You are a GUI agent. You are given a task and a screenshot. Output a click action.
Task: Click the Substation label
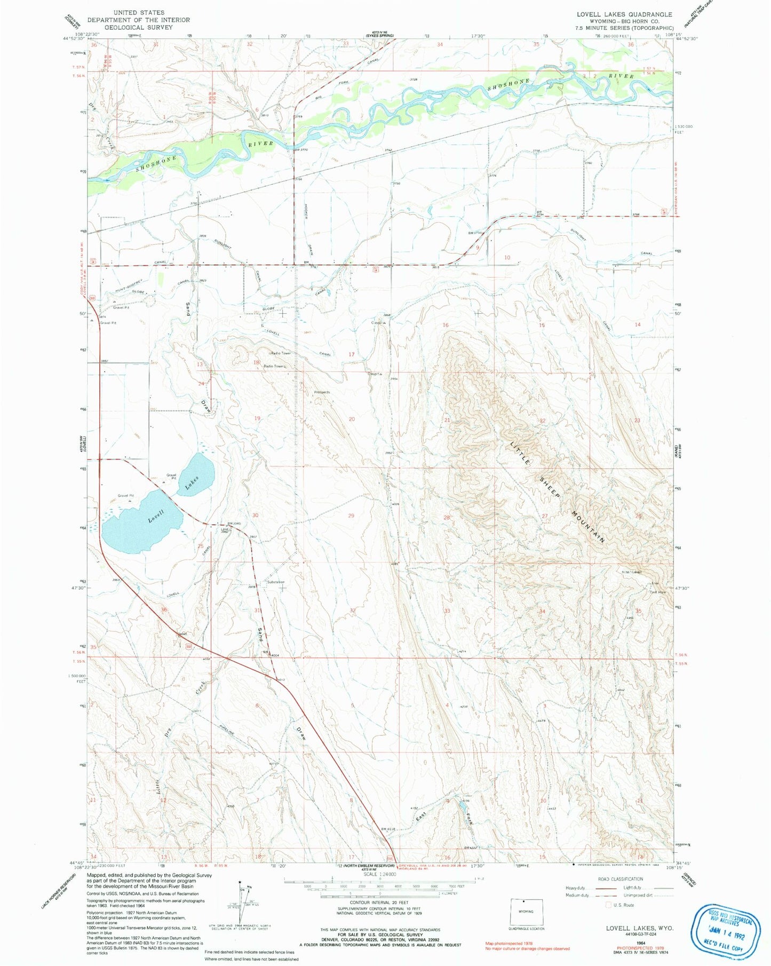pyautogui.click(x=276, y=582)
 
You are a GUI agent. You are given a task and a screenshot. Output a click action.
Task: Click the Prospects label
pyautogui.click(x=322, y=392)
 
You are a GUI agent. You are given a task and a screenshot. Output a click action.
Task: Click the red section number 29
pyautogui.click(x=351, y=516)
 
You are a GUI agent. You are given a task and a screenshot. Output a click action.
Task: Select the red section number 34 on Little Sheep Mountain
pyautogui.click(x=543, y=611)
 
